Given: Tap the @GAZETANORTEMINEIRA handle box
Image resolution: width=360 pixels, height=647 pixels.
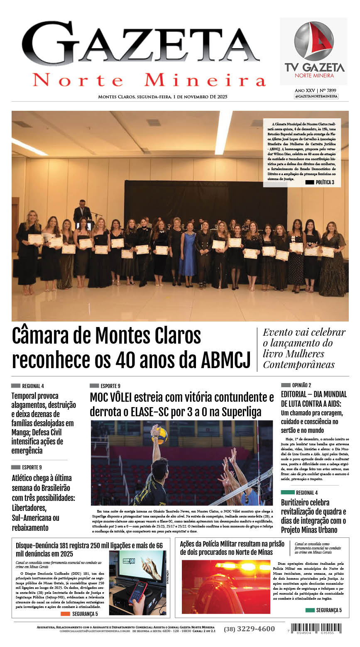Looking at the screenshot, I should click(316, 96).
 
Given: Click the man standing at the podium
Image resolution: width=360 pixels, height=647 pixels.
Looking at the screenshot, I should click(82, 212).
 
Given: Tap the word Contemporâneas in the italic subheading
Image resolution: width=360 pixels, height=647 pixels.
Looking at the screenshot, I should click(299, 365).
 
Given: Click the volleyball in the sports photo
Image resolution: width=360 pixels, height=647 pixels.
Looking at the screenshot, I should click(161, 436).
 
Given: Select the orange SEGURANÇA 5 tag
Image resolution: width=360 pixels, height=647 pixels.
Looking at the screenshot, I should click(80, 614).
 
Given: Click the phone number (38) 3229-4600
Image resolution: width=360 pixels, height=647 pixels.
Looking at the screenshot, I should click(249, 629).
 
